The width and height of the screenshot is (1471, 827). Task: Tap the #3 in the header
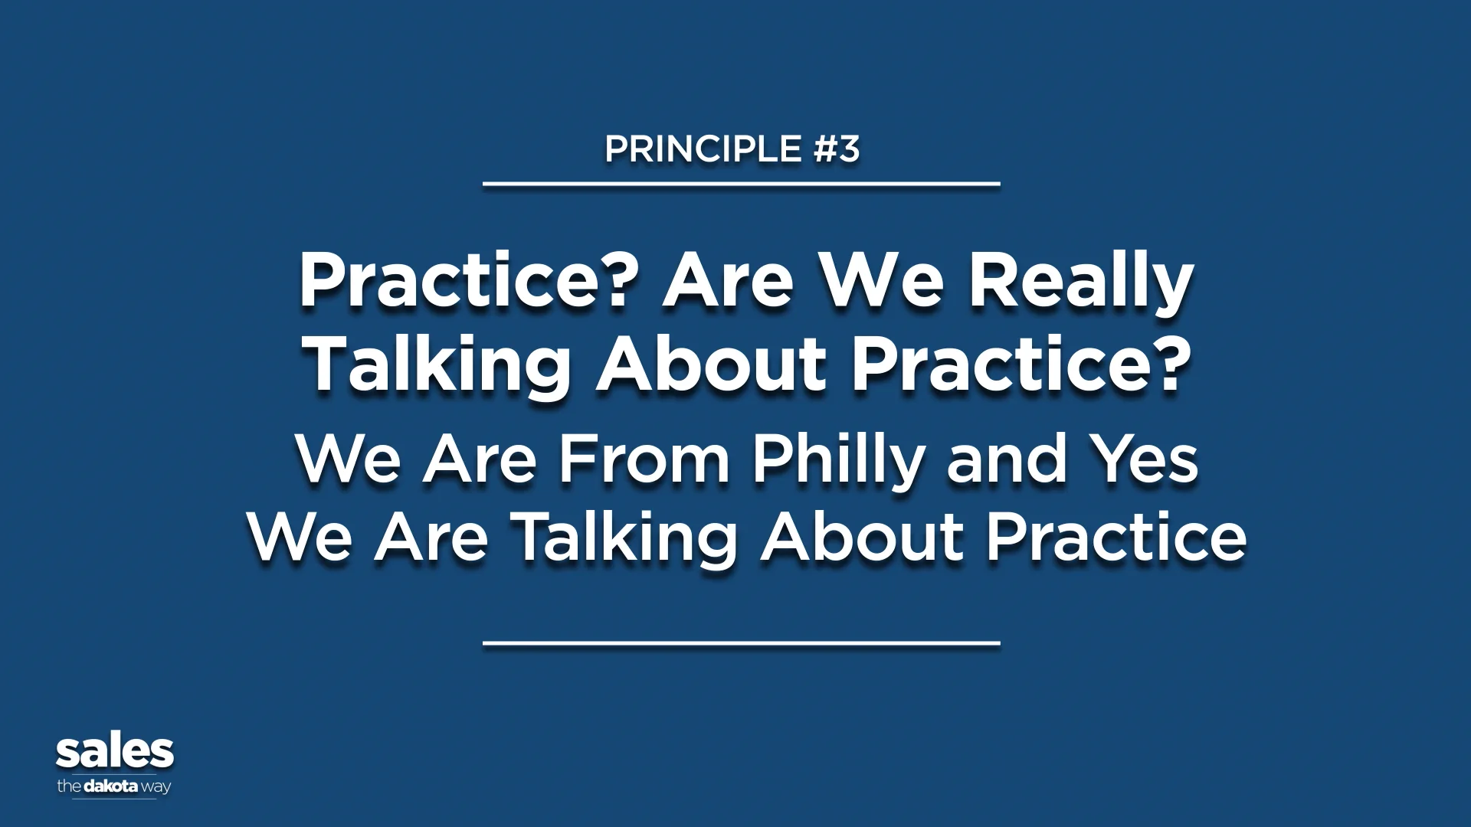(837, 149)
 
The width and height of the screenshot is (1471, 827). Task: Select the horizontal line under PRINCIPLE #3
(741, 184)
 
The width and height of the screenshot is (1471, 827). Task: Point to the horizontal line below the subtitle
(741, 643)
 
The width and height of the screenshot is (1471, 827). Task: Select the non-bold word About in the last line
(862, 538)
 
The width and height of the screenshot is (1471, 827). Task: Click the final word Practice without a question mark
(1116, 538)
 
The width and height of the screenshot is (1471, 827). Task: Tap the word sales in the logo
(115, 753)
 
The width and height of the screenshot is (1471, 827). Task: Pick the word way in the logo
(156, 787)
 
